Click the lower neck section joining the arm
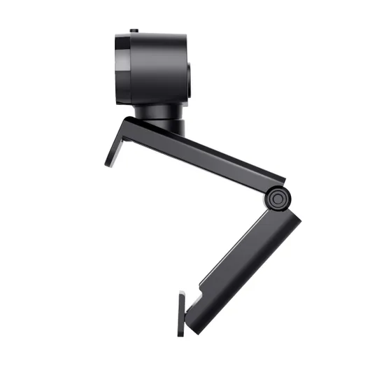click(x=166, y=127)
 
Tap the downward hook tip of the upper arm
click(x=111, y=161)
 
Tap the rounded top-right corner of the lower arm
click(x=297, y=217)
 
